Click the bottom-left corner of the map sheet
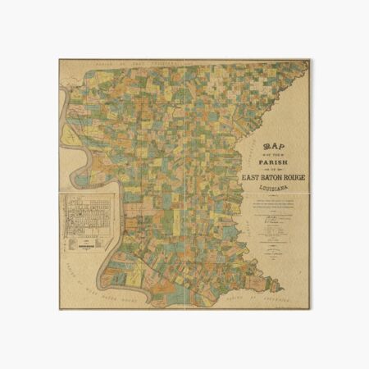click(59, 309)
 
